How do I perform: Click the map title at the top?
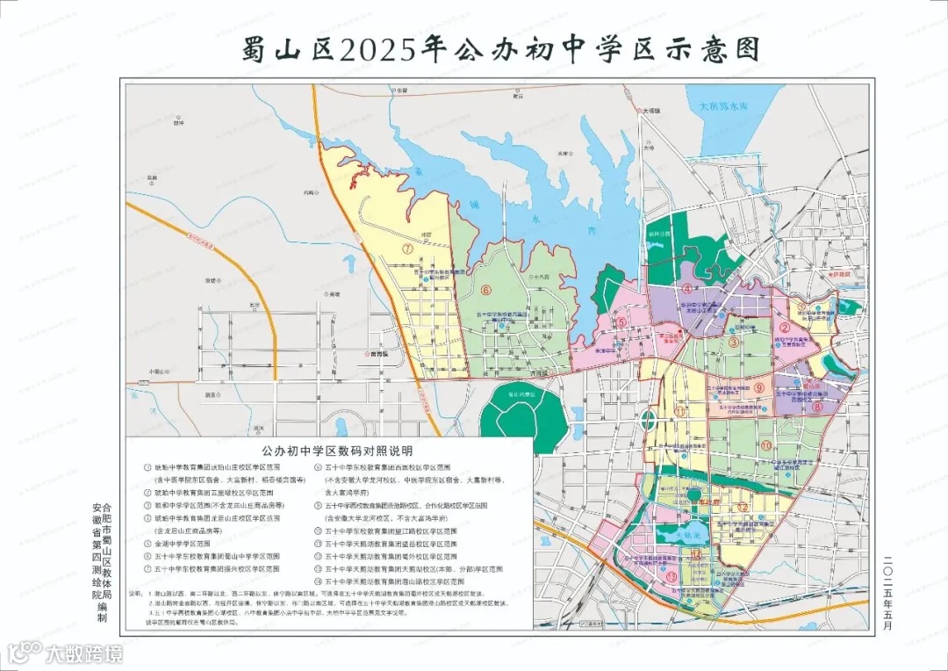point(500,49)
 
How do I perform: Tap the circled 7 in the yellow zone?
point(408,249)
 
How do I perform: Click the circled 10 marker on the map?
point(765,446)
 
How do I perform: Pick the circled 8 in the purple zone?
point(815,407)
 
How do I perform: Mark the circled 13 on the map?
point(671,576)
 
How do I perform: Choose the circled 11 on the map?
point(680,412)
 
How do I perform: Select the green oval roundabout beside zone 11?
point(648,419)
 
